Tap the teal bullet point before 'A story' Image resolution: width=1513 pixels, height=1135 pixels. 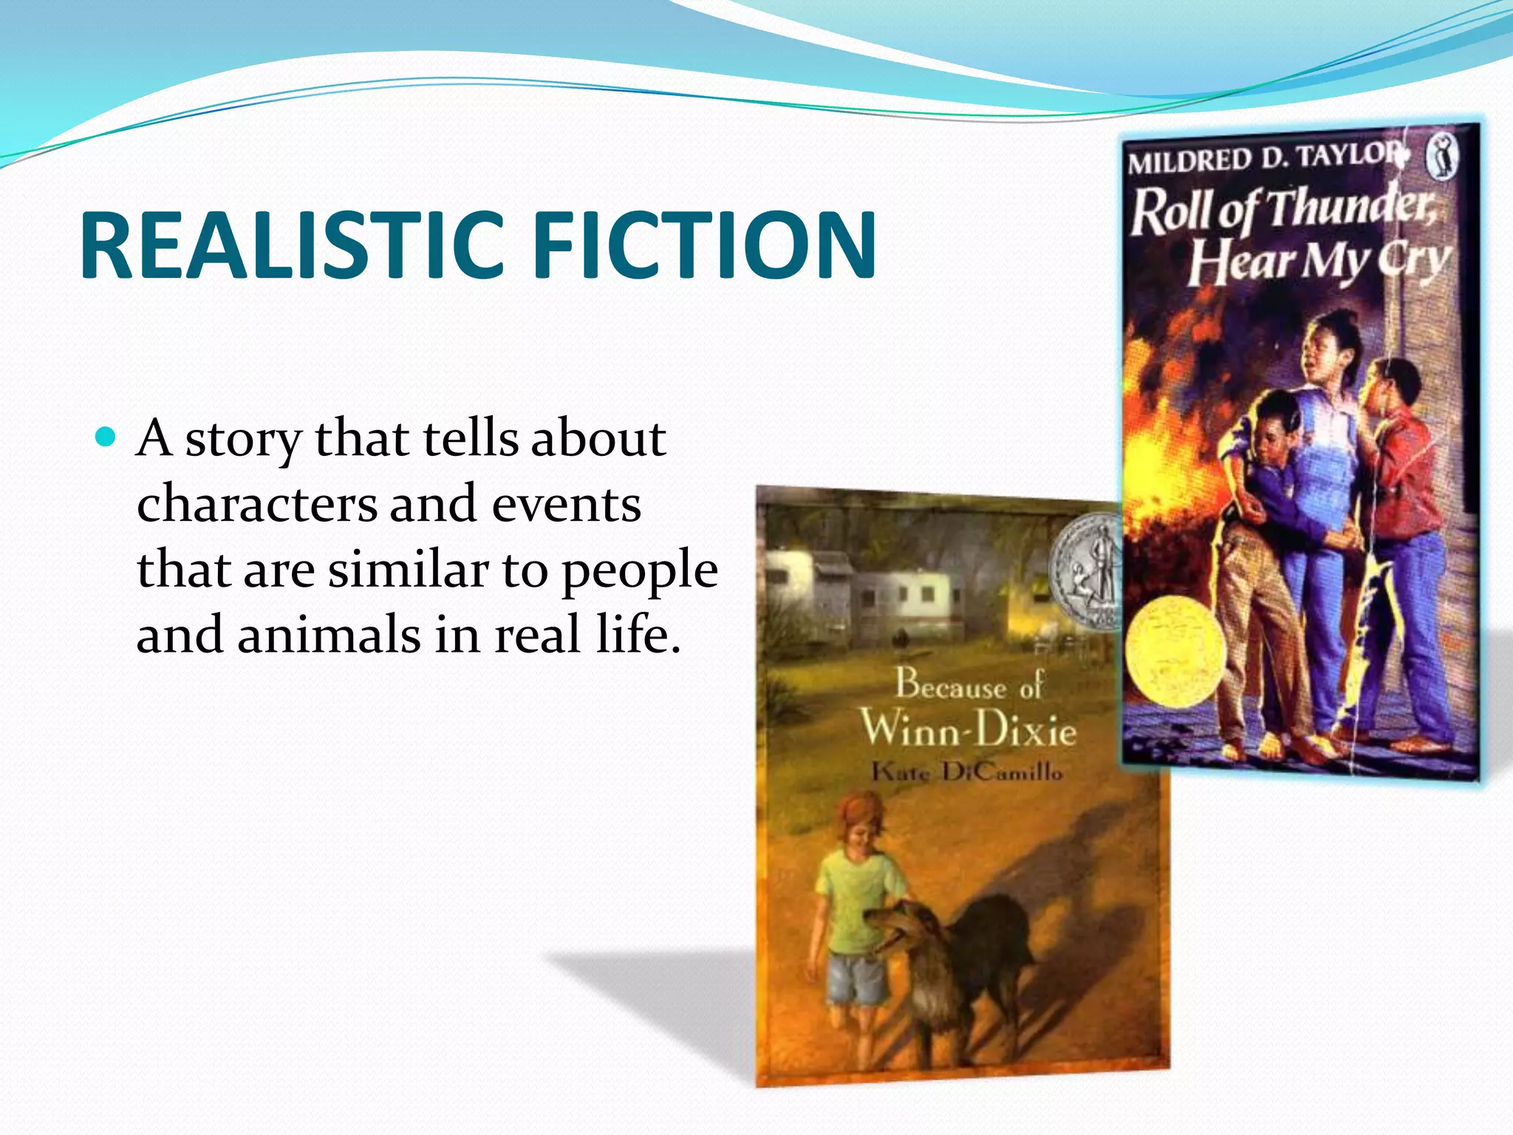[x=107, y=437]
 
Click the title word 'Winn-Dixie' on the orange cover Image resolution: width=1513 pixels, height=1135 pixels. [x=968, y=729]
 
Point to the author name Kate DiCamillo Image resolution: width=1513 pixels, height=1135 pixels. [x=966, y=773]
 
